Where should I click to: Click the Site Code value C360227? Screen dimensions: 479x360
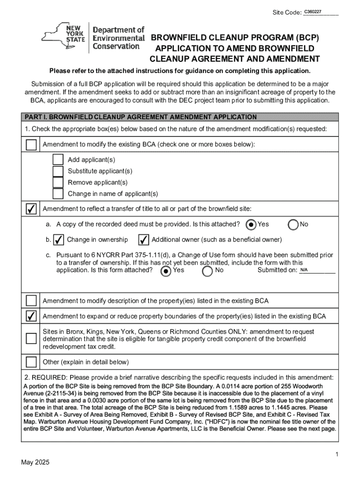[313, 11]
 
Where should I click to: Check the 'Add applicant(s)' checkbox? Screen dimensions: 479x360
[58, 160]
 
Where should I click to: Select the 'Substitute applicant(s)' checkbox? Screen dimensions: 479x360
[58, 171]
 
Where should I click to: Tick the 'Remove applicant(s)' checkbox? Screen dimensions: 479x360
[58, 182]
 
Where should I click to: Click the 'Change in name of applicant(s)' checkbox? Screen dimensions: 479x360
[58, 194]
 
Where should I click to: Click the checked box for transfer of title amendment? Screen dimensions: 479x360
[31, 209]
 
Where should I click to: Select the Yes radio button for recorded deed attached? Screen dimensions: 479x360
[251, 225]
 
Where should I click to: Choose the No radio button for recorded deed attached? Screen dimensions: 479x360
[294, 225]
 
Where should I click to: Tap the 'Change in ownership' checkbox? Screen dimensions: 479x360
[58, 240]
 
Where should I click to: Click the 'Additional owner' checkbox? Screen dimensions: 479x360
[144, 240]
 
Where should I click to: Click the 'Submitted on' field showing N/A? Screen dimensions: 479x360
[317, 270]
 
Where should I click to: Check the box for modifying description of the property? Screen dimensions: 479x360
[31, 301]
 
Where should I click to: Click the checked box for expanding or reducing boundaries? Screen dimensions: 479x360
[31, 316]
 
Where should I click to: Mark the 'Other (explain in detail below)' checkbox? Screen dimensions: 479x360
[31, 362]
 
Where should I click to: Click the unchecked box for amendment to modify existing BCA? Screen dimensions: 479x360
[31, 145]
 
